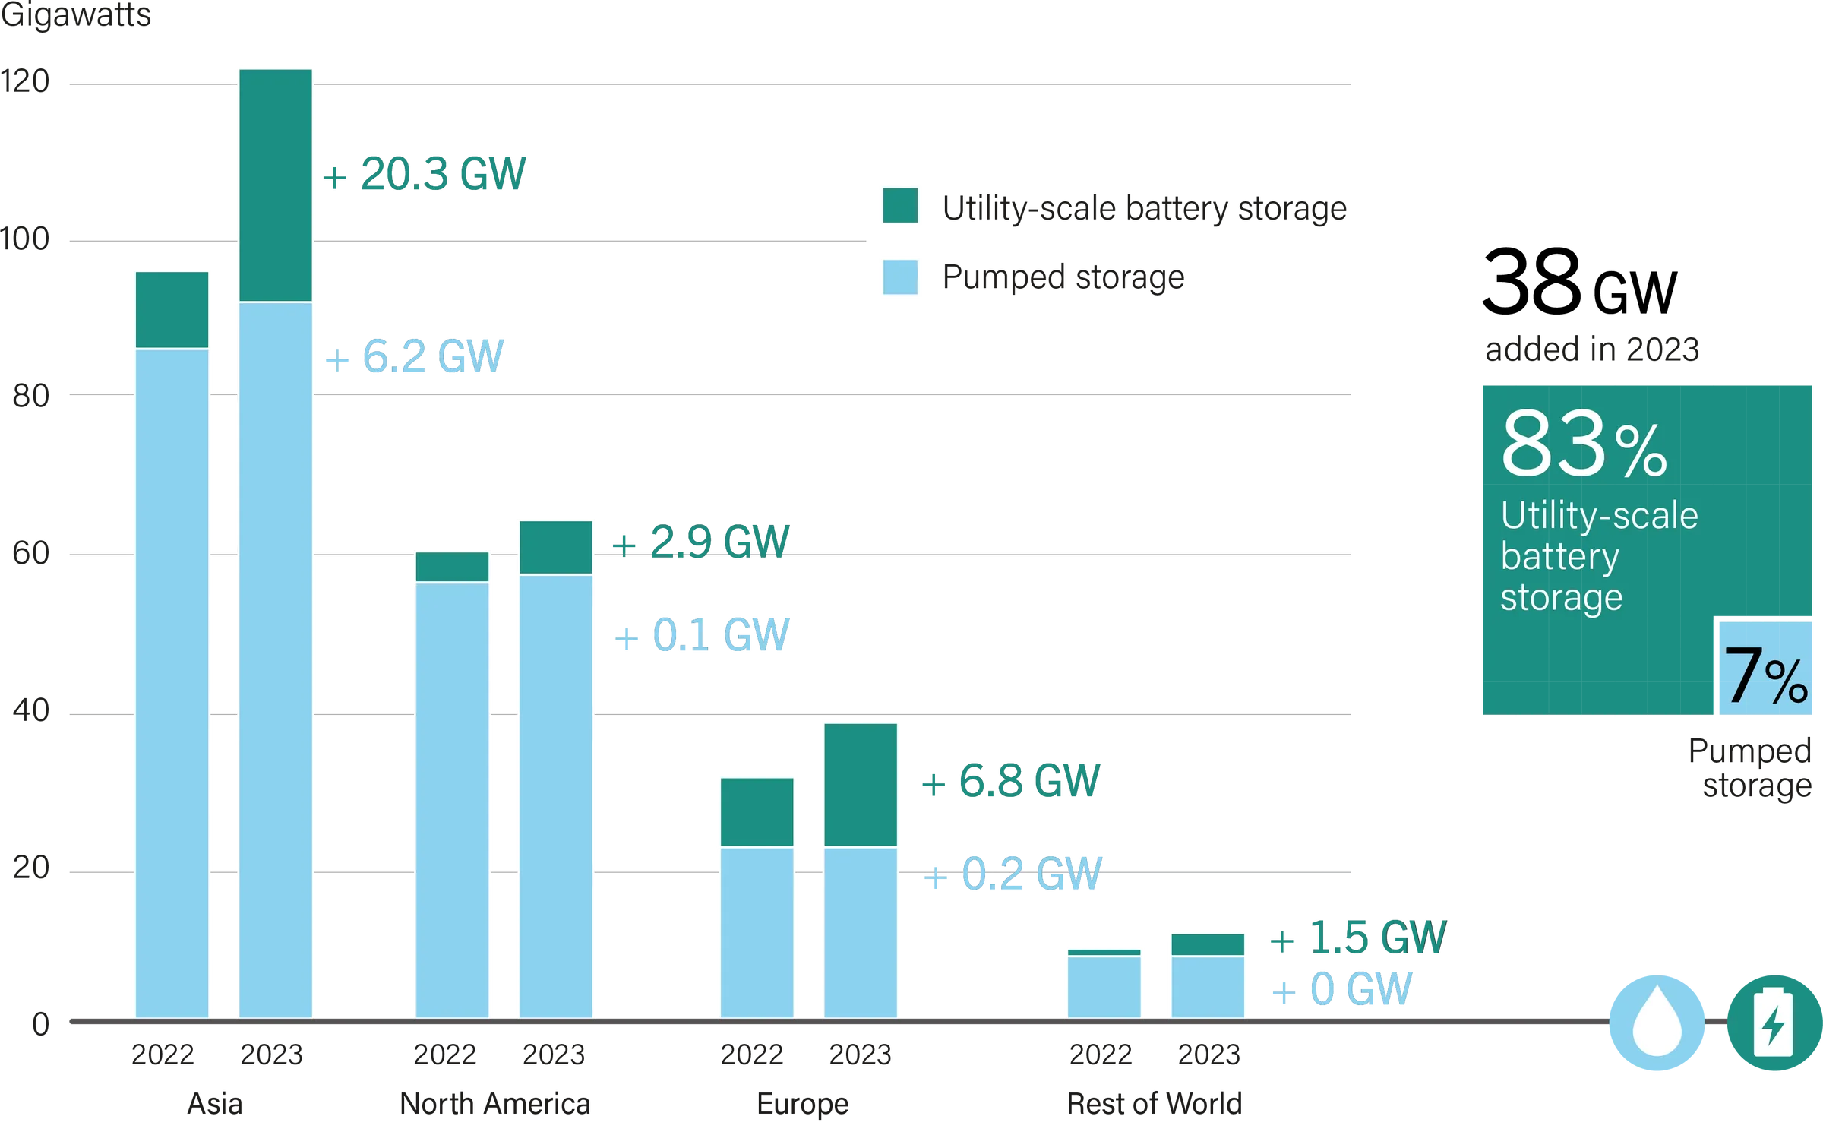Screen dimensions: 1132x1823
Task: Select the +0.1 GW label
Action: click(x=703, y=635)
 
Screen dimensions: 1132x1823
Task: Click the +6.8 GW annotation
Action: click(x=1010, y=781)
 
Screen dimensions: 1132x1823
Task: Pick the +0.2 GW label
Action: click(x=1010, y=874)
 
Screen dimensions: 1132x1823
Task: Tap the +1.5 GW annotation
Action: click(x=1357, y=939)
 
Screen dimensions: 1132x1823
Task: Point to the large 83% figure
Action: click(x=1584, y=444)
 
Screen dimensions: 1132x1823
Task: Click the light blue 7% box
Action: click(x=1765, y=669)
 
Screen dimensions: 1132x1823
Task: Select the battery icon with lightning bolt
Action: click(x=1773, y=1023)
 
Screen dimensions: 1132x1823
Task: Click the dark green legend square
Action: click(x=899, y=206)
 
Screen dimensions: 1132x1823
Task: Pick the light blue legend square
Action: click(x=899, y=278)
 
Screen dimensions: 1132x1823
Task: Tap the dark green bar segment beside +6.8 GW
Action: click(x=860, y=784)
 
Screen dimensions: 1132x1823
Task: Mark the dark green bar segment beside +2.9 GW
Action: click(x=556, y=547)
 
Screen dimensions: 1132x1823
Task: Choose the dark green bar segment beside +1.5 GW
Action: click(x=1208, y=944)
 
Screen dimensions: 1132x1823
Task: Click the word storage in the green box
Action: click(x=1561, y=599)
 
